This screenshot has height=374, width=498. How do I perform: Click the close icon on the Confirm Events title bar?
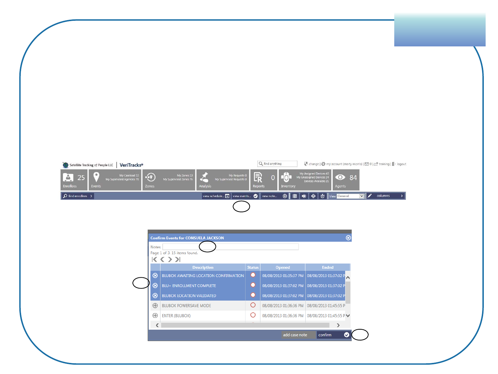(348, 238)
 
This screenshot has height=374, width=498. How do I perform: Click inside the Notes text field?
(230, 247)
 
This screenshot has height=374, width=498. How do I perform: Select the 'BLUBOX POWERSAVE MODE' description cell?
(203, 306)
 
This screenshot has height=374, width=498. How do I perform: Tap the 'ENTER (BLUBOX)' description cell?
(203, 316)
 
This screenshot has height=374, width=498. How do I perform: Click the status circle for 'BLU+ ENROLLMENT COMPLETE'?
(253, 285)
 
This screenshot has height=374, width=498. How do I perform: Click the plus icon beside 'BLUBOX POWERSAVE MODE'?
(155, 306)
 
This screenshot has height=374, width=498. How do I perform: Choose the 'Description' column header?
(203, 267)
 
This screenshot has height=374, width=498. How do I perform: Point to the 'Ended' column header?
(328, 267)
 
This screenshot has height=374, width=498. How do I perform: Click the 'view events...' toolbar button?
(245, 196)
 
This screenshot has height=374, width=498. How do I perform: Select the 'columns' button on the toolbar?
(385, 196)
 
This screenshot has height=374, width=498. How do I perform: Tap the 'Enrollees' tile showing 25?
(74, 180)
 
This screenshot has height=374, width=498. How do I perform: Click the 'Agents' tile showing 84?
(346, 180)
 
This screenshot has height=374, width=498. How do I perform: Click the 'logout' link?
(401, 164)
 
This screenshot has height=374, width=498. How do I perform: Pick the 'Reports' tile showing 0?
(264, 180)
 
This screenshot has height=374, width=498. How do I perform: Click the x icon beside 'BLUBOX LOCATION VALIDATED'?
(155, 296)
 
